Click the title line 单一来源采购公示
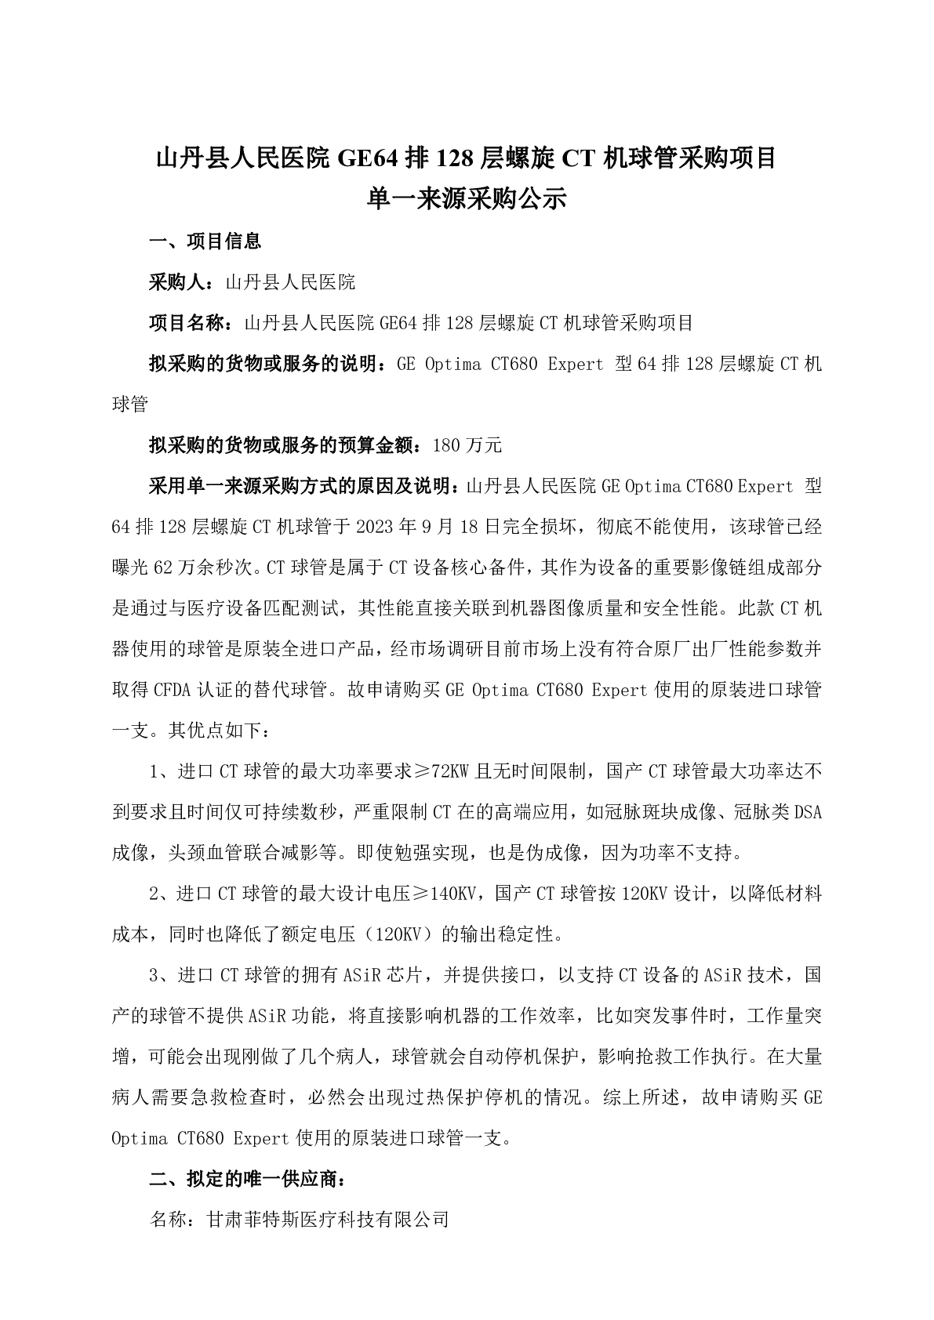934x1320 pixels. pyautogui.click(x=467, y=199)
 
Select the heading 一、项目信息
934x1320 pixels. pyautogui.click(x=205, y=241)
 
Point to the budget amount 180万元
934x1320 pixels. pyautogui.click(x=467, y=446)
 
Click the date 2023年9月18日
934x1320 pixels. pyautogui.click(x=430, y=528)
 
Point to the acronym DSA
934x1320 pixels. pyautogui.click(x=808, y=813)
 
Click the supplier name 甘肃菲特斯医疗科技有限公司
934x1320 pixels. pyautogui.click(x=327, y=1220)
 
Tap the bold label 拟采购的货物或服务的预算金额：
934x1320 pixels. pyautogui.click(x=290, y=446)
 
